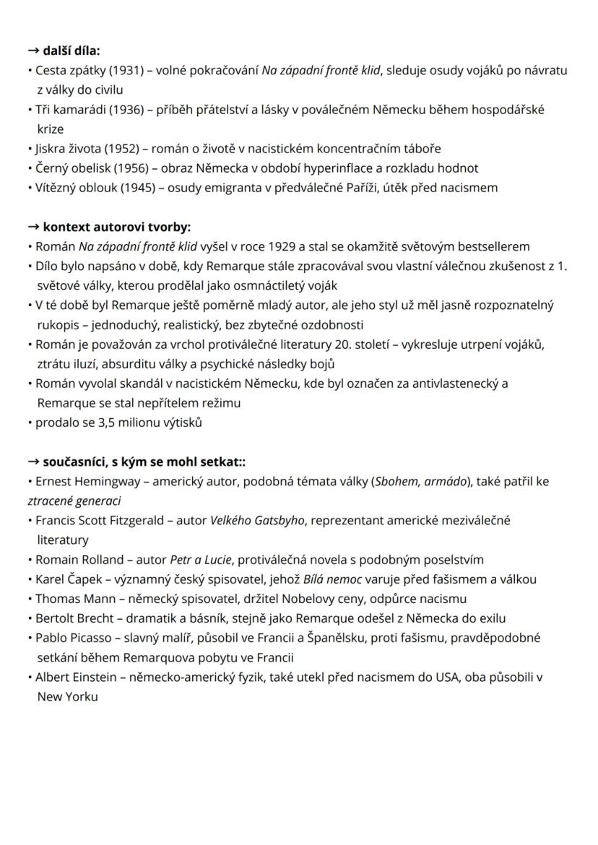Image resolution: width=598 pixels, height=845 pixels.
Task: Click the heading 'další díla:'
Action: click(70, 51)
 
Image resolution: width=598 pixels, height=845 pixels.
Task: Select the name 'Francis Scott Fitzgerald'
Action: click(100, 520)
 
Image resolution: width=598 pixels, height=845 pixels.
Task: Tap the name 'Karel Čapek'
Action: click(67, 579)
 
